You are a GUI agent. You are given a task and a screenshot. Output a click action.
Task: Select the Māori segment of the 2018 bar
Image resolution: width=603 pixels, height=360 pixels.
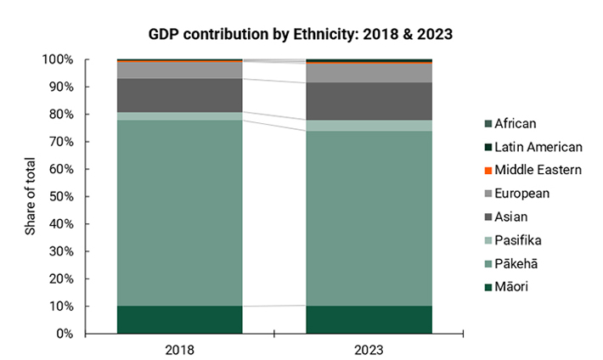point(179,319)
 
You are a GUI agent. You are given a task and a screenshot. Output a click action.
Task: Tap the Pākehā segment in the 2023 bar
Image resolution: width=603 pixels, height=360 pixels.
point(369,218)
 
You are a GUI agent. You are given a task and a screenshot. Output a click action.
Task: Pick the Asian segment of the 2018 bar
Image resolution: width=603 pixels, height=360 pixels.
point(179,95)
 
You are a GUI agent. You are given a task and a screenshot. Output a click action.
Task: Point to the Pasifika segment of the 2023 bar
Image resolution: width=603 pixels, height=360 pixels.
point(369,126)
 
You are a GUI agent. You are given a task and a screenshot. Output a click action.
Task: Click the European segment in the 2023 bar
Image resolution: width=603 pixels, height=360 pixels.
point(369,73)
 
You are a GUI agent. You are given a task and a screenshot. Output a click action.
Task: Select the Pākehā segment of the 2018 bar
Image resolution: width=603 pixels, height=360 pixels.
point(179,212)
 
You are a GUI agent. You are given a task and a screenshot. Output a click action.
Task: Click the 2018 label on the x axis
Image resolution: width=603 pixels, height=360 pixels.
point(179,348)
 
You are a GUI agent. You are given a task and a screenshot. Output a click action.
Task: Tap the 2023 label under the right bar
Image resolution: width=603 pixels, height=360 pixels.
point(369,348)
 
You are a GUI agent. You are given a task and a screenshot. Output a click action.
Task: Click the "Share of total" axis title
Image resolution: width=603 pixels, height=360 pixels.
point(31,196)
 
